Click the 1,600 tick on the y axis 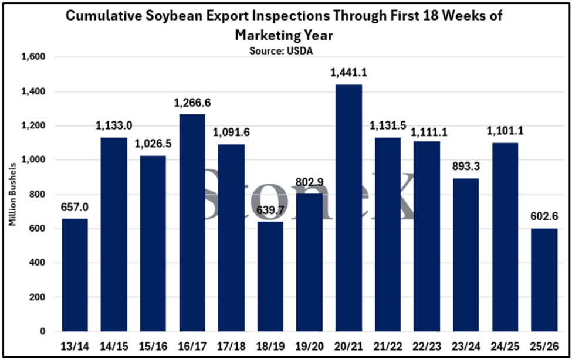[33, 57]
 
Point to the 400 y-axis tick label [38, 263]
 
